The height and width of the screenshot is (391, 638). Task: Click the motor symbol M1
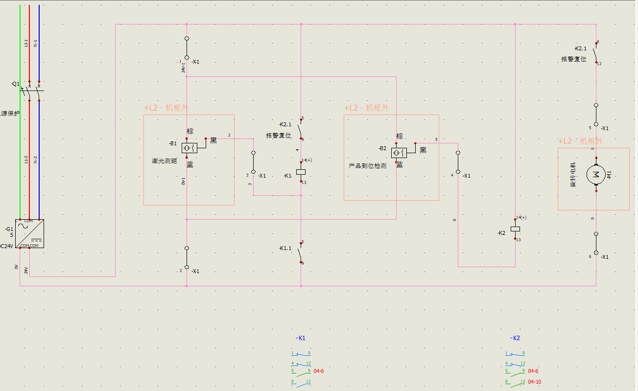596,174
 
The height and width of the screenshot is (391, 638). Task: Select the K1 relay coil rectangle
301,172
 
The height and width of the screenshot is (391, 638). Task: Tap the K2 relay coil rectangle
515,229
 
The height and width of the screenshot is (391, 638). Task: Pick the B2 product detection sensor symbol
399,153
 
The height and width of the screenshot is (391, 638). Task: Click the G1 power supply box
29,233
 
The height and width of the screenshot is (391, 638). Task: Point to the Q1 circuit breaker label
16,84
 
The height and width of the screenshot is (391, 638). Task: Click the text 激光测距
164,161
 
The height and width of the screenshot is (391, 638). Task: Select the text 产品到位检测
367,166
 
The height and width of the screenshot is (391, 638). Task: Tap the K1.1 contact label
285,249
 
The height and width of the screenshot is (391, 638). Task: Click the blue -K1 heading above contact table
301,338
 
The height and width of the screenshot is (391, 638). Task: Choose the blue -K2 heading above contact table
515,338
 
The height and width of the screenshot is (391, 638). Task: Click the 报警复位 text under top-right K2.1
574,59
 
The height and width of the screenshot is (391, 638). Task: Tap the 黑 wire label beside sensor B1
213,140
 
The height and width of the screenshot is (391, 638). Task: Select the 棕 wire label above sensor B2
400,136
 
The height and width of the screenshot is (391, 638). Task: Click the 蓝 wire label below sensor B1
190,164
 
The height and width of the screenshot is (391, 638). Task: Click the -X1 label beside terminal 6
605,257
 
